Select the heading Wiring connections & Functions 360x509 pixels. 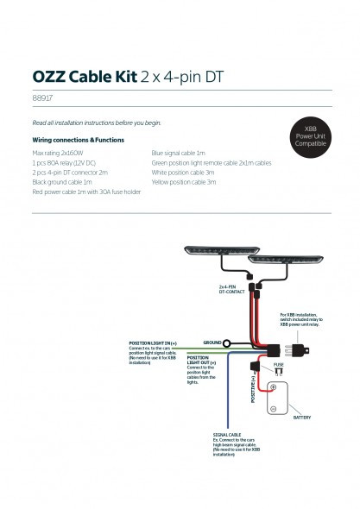(x=79, y=139)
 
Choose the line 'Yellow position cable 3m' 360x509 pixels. (x=183, y=183)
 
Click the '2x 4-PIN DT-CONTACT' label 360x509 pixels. (x=233, y=290)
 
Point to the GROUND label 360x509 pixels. (x=212, y=342)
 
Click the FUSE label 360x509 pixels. (x=278, y=366)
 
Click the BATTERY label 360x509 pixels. (x=301, y=416)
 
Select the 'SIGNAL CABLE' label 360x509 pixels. (x=226, y=435)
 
